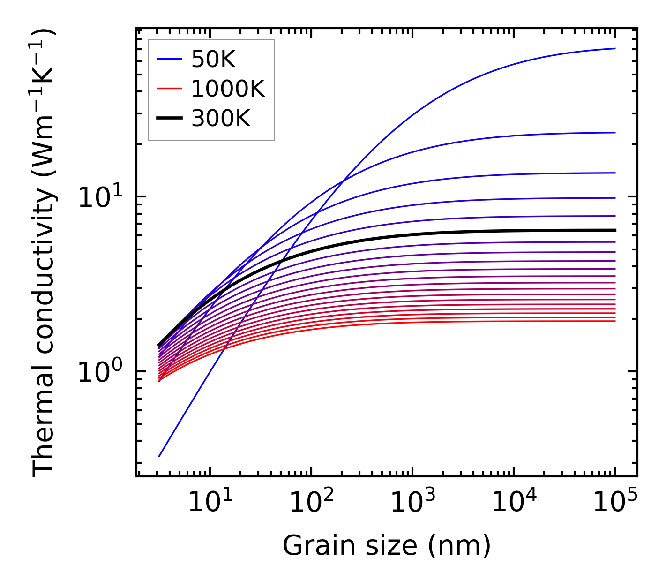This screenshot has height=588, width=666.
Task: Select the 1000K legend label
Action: coord(228,89)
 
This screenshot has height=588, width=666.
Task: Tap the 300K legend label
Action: coord(221,119)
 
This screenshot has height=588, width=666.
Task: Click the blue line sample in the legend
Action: coord(169,59)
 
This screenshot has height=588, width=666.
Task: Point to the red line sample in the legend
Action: coord(169,89)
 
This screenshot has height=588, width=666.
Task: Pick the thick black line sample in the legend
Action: coord(169,119)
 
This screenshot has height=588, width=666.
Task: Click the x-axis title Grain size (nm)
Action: coord(387,546)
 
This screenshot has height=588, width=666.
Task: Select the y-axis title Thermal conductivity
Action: coord(45,253)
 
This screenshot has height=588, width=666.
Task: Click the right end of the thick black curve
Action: coord(614,230)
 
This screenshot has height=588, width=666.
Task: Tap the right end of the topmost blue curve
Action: coord(614,48)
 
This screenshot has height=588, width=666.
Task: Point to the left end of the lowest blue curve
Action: coord(159,456)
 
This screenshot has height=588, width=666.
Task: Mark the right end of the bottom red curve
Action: coord(614,321)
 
